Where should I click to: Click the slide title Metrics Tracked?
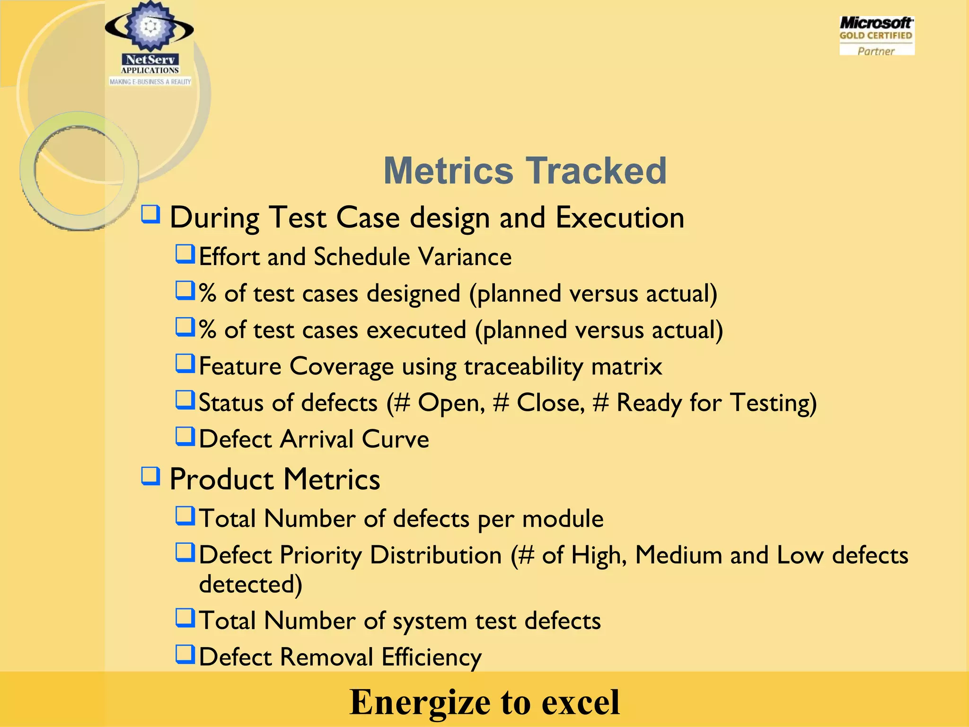coord(525,170)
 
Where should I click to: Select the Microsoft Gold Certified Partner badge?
coord(876,36)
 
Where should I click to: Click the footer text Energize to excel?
coord(484,701)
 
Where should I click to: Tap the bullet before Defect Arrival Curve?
coord(185,436)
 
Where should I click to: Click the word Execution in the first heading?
coord(620,218)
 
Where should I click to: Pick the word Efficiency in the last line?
coord(432,657)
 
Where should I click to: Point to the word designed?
coord(414,293)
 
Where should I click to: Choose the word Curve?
coord(396,439)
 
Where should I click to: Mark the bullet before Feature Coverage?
coord(185,363)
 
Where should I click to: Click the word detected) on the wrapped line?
coord(250,584)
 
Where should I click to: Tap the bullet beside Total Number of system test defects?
coord(185,618)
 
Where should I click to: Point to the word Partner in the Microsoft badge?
coord(876,51)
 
